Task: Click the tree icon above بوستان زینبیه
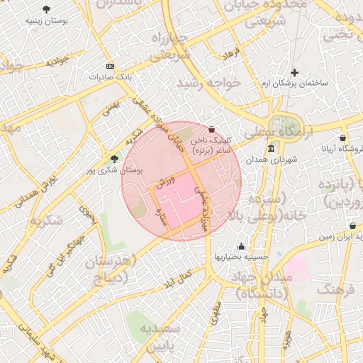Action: click(47, 9)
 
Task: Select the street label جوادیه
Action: click(57, 62)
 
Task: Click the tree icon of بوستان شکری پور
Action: click(115, 159)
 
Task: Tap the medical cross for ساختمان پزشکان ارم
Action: click(295, 72)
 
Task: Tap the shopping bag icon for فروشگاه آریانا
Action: click(343, 138)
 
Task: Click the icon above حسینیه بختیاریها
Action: click(242, 246)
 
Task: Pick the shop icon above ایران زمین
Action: click(352, 226)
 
